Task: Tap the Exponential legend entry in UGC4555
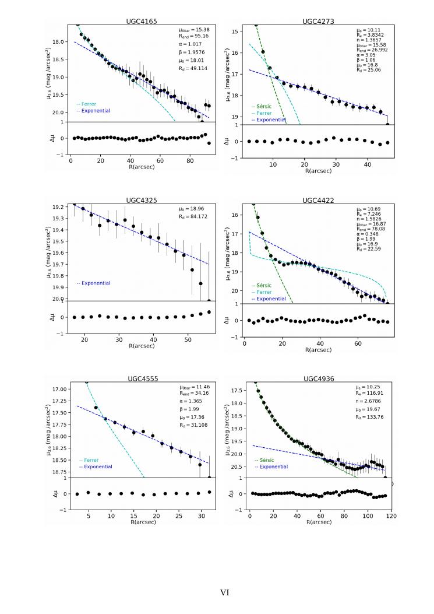96,466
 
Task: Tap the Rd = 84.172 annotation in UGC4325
194,217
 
